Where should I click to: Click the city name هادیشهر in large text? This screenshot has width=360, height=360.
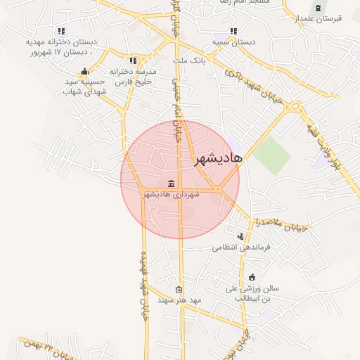click(218, 159)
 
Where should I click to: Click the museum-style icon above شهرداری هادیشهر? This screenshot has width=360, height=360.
click(171, 184)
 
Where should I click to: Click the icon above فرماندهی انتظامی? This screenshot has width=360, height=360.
click(241, 236)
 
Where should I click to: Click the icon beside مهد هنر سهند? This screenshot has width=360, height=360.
click(179, 290)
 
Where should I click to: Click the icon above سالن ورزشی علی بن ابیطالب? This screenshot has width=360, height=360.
click(252, 277)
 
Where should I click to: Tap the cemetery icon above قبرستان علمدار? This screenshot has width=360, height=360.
click(319, 8)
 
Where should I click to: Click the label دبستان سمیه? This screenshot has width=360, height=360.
click(236, 42)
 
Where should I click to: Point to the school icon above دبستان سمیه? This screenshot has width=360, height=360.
click(233, 31)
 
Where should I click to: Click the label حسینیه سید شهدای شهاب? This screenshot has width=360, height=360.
click(85, 86)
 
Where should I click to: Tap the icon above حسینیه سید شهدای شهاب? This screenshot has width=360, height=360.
click(85, 71)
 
